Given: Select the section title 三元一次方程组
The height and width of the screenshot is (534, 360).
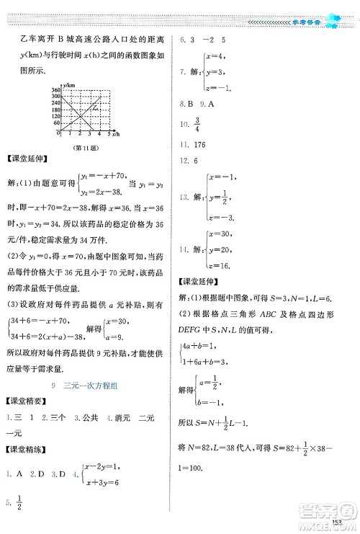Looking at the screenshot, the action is (x=91, y=386).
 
